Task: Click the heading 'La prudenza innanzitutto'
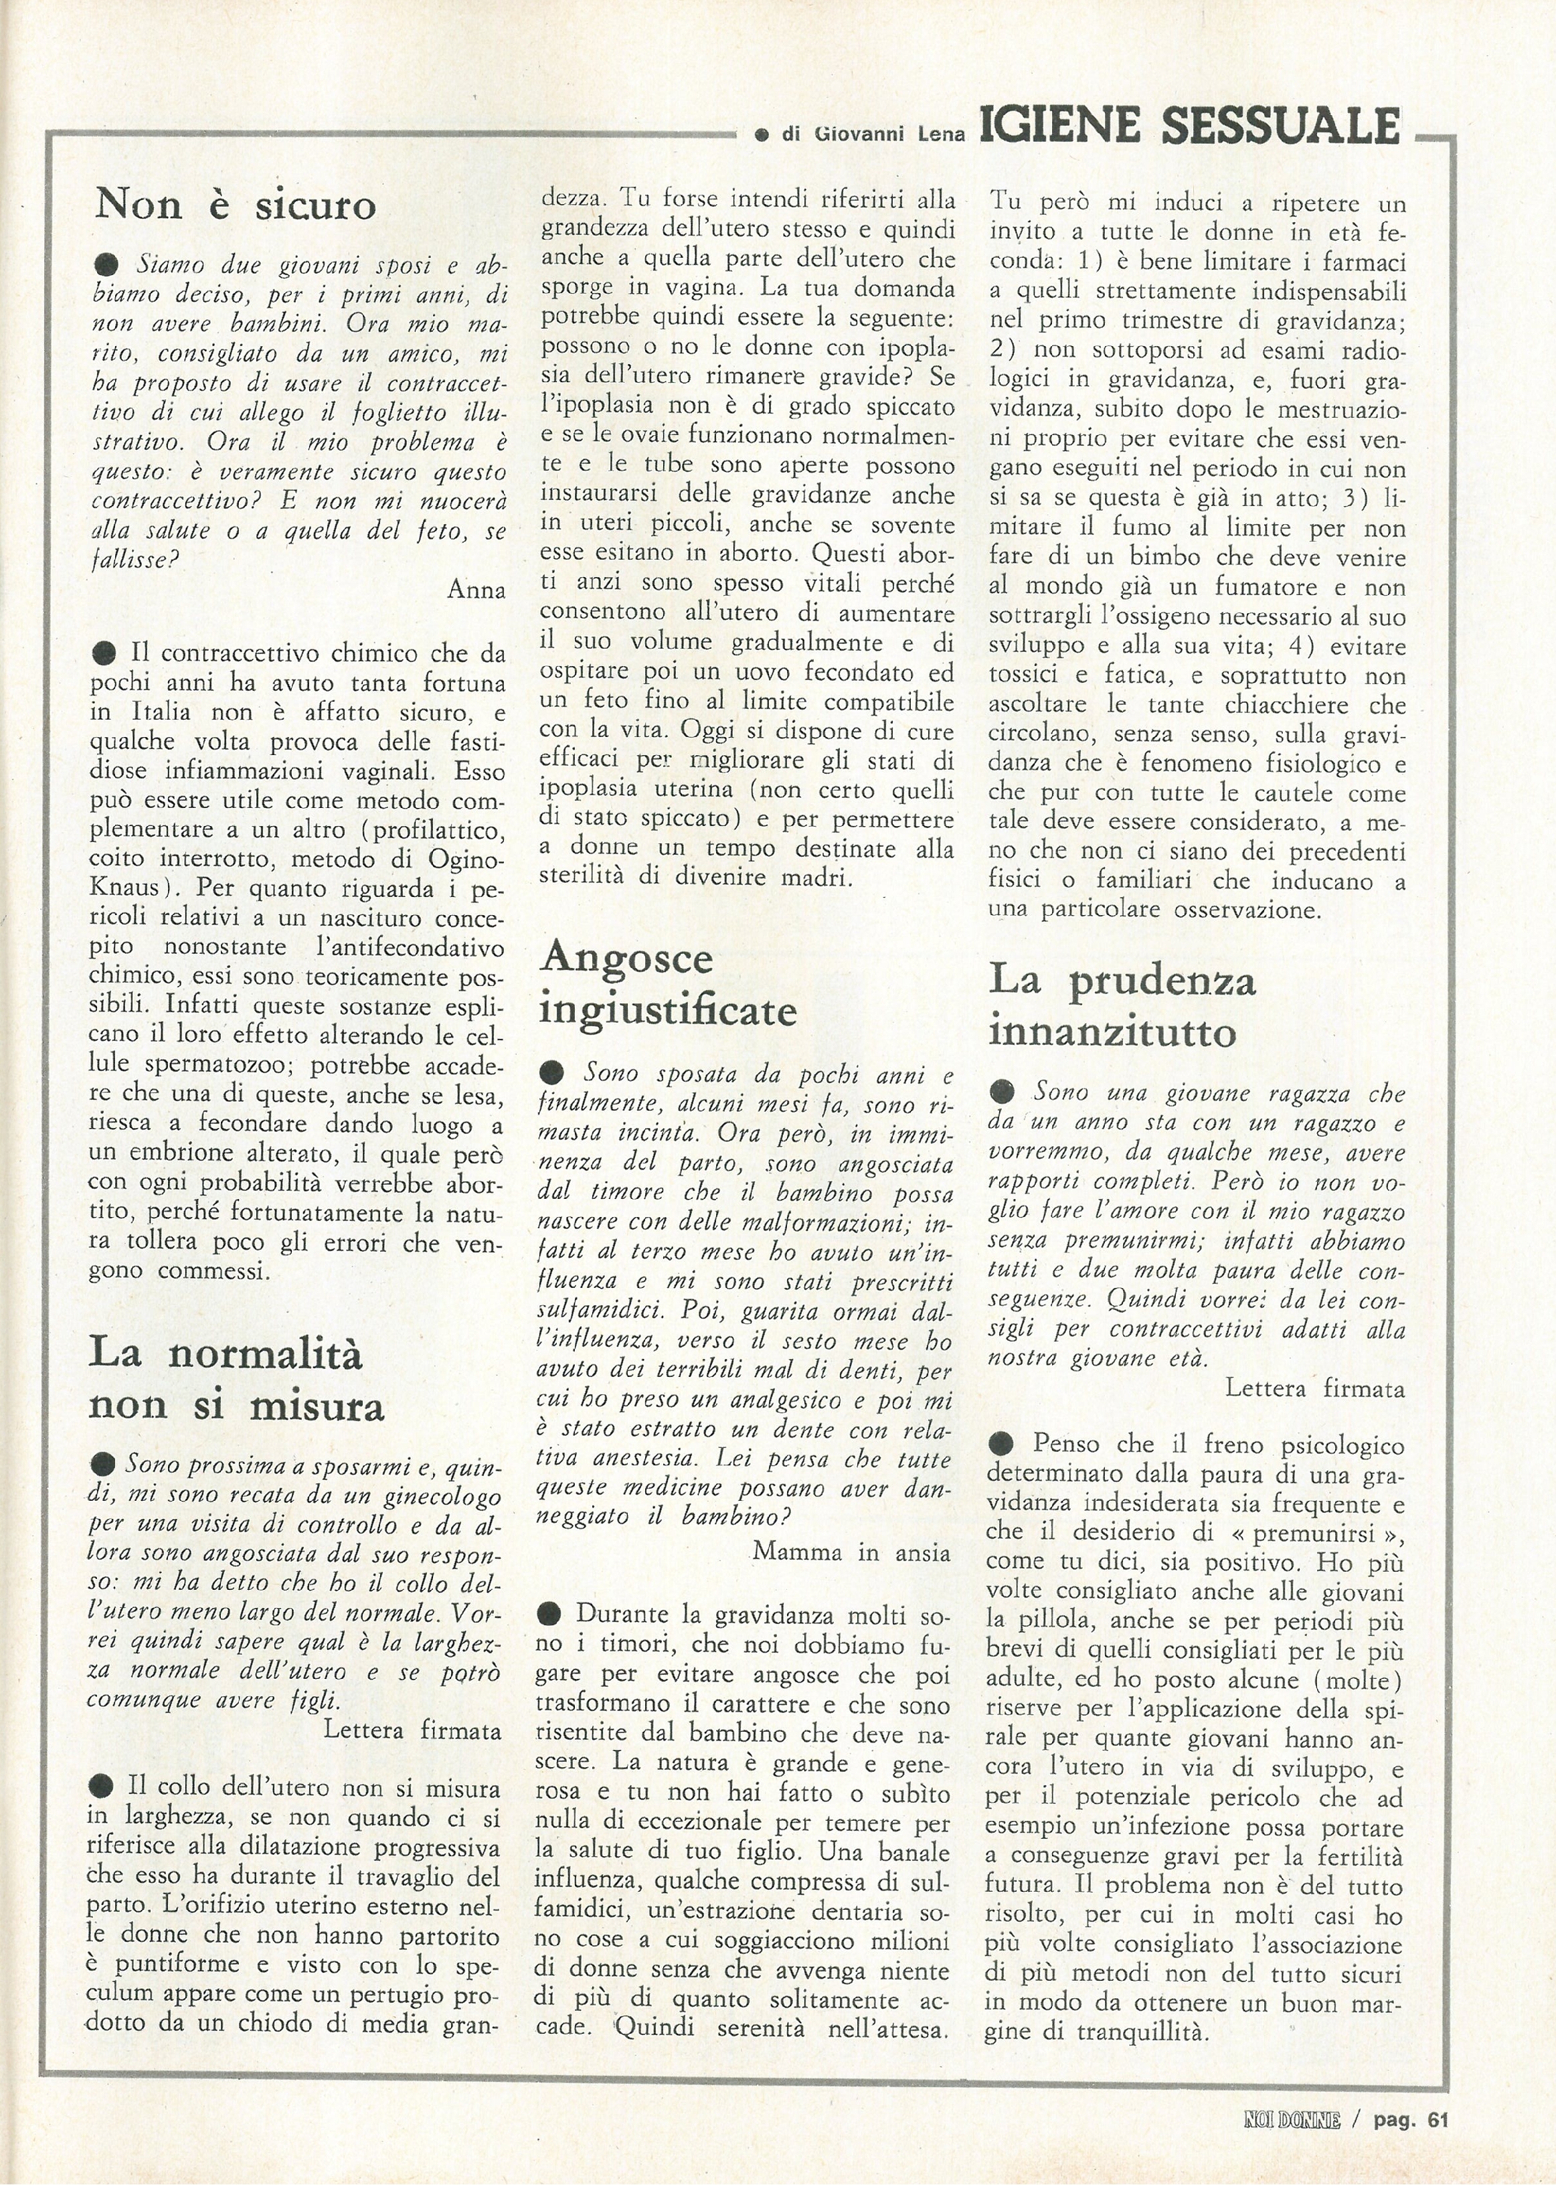pos(1122,1005)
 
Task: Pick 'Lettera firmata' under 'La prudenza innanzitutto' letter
pos(1314,1388)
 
